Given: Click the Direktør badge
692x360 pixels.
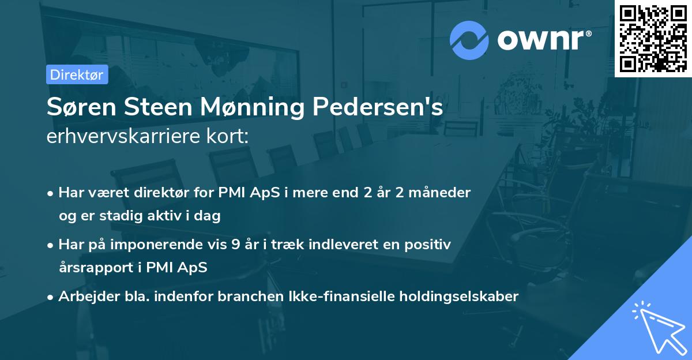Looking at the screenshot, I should [x=77, y=74].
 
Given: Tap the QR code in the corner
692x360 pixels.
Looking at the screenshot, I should [x=653, y=38].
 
